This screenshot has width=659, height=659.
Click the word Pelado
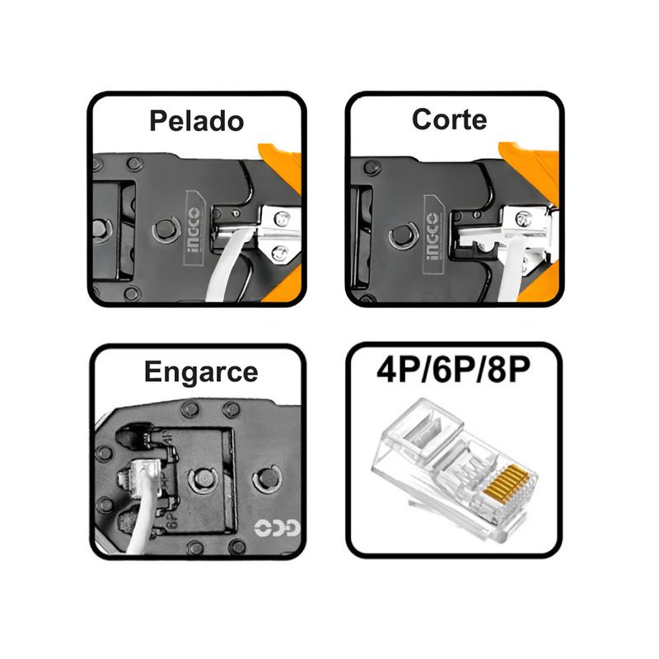pyautogui.click(x=197, y=121)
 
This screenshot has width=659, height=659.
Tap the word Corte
pyautogui.click(x=449, y=119)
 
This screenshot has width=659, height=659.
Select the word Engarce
pyautogui.click(x=201, y=372)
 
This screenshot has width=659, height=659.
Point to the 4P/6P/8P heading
pyautogui.click(x=454, y=370)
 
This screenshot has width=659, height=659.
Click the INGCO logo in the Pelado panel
pyautogui.click(x=194, y=228)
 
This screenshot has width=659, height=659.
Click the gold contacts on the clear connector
pyautogui.click(x=507, y=485)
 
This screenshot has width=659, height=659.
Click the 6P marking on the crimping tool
pyautogui.click(x=172, y=521)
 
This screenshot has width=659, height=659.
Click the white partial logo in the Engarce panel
pyautogui.click(x=278, y=528)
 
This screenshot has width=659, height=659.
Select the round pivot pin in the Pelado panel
pyautogui.click(x=166, y=230)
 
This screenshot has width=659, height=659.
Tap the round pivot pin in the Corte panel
pyautogui.click(x=404, y=236)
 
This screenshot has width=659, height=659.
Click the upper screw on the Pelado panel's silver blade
pyautogui.click(x=281, y=218)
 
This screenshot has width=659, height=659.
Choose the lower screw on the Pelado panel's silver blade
pyautogui.click(x=279, y=254)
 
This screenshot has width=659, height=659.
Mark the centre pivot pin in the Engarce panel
pyautogui.click(x=202, y=480)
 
